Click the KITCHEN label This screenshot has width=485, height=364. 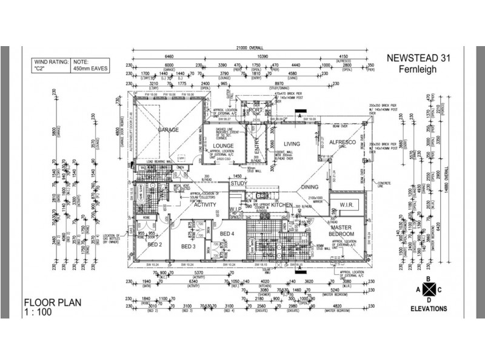(x=282, y=206)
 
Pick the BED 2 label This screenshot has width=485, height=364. (x=154, y=244)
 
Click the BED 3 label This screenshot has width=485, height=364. (x=187, y=246)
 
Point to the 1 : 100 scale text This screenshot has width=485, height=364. (x=38, y=312)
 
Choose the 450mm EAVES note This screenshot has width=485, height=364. (x=91, y=69)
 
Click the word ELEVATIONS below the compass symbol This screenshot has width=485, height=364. (x=428, y=308)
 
